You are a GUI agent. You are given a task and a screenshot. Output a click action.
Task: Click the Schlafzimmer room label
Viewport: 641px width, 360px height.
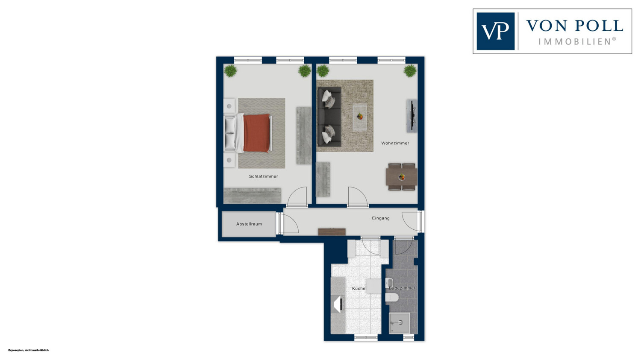click(263, 176)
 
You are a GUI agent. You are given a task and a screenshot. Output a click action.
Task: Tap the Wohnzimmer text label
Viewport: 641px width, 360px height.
click(395, 143)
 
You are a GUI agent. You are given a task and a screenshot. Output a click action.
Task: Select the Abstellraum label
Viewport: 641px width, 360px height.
click(249, 224)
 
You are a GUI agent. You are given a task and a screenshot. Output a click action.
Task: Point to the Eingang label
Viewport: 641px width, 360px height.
click(381, 218)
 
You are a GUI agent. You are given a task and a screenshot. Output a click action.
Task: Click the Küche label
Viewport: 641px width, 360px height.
click(359, 289)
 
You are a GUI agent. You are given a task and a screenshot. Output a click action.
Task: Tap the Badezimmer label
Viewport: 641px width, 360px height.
click(402, 288)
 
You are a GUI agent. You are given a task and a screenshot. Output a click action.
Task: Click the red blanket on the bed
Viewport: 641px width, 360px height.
click(257, 133)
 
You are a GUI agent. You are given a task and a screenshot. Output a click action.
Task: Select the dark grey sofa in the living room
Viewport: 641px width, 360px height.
click(329, 117)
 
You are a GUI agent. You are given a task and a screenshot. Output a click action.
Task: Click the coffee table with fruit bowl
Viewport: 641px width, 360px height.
click(360, 117)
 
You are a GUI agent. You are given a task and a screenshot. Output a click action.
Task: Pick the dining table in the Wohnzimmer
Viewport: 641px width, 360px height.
click(402, 177)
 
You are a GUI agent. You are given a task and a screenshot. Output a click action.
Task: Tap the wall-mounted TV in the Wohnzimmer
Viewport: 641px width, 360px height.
click(412, 116)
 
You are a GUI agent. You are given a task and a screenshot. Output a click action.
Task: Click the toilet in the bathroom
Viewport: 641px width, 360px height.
click(391, 297)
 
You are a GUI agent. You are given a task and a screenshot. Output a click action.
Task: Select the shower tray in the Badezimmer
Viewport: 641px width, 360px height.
click(400, 323)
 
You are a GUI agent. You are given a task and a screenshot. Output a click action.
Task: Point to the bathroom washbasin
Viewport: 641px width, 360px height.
click(389, 283)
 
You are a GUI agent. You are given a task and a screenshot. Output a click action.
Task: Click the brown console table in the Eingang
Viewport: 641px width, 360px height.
click(332, 231)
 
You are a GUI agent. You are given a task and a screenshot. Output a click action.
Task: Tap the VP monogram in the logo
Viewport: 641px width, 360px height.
click(495, 31)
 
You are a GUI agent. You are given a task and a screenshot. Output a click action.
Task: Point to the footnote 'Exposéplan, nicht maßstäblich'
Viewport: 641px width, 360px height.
click(28, 350)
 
